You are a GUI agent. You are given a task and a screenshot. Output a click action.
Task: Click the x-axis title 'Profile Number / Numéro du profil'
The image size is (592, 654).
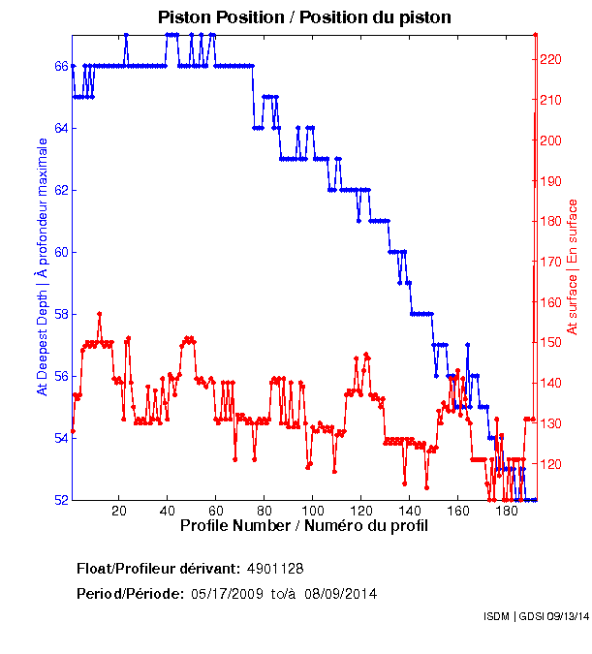pos(303,525)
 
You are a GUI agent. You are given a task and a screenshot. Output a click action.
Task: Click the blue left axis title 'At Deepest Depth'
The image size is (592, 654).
pos(42,266)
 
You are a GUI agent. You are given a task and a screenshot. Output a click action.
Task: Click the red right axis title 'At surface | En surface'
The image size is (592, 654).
pos(572,266)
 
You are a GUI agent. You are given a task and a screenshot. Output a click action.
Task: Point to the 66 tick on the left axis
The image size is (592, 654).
pos(60,66)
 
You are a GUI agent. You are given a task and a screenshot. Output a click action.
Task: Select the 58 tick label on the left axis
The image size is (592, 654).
pos(60,314)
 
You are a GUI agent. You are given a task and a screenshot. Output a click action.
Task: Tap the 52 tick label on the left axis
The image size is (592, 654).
pos(60,500)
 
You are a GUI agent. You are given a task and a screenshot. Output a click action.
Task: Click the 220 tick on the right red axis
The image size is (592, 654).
pos(549,59)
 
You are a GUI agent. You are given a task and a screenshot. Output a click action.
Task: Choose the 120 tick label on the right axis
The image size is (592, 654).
pos(549,464)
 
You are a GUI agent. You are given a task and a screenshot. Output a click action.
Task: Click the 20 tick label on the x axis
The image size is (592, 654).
pos(119,511)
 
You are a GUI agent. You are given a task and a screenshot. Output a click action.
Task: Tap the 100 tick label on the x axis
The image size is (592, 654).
pos(312,511)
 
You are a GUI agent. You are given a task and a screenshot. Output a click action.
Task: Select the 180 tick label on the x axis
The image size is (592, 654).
pos(506,511)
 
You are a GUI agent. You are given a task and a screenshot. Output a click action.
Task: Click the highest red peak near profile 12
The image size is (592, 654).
pos(100,314)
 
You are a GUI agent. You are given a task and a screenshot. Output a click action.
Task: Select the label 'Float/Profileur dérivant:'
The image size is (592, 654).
pos(159,569)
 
